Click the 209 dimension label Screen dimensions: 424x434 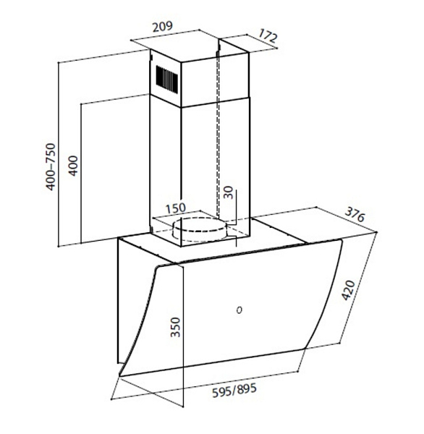(x=163, y=27)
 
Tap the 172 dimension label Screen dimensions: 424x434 (x=268, y=36)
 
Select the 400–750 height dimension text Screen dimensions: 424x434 (x=51, y=166)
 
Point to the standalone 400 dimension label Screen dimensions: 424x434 (x=73, y=166)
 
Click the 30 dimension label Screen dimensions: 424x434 (x=229, y=192)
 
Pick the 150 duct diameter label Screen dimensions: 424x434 (x=176, y=208)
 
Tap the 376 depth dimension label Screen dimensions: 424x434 (x=355, y=215)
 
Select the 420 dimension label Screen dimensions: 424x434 (x=349, y=290)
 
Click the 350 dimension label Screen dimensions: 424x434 (x=175, y=327)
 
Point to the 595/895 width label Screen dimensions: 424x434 (x=234, y=390)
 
